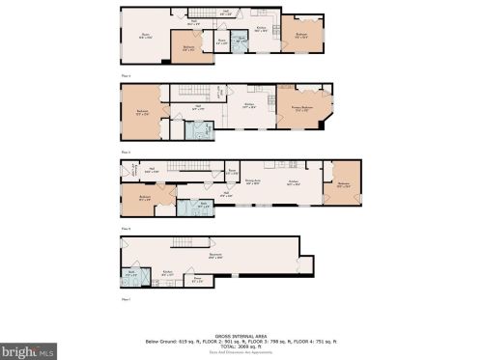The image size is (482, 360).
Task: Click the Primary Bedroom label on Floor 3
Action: coord(301,108)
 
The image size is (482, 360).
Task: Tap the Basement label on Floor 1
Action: coord(214,257)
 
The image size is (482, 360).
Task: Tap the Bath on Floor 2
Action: coord(205,205)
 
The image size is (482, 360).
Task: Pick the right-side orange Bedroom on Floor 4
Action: coord(301,35)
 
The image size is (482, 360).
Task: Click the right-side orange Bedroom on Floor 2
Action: coord(343,183)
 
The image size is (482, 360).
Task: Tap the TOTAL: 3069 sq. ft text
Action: coord(241,341)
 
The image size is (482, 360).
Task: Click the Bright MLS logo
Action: coord(26,351)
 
